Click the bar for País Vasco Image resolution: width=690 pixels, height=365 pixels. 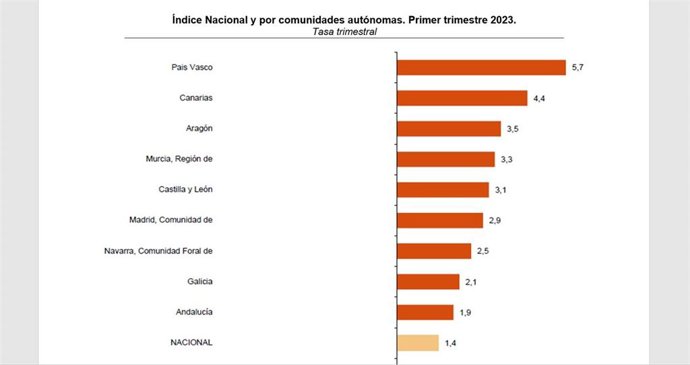[481, 67]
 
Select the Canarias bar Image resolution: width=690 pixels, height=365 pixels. [462, 98]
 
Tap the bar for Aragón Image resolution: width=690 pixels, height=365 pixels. [449, 128]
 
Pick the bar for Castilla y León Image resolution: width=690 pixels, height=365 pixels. [443, 190]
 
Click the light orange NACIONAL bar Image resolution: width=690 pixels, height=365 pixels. [418, 343]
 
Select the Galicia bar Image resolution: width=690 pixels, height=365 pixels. [428, 282]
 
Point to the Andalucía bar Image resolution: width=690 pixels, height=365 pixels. [425, 312]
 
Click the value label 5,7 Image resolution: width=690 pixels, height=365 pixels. [577, 68]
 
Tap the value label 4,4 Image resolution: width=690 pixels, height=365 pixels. [538, 98]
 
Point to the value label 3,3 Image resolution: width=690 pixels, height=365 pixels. [506, 160]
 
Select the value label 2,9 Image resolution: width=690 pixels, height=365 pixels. [494, 221]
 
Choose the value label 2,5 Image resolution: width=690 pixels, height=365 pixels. [482, 251]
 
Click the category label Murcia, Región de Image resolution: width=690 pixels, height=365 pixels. [180, 159]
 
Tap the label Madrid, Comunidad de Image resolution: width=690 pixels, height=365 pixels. [173, 220]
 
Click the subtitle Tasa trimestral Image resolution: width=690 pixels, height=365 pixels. [345, 31]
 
